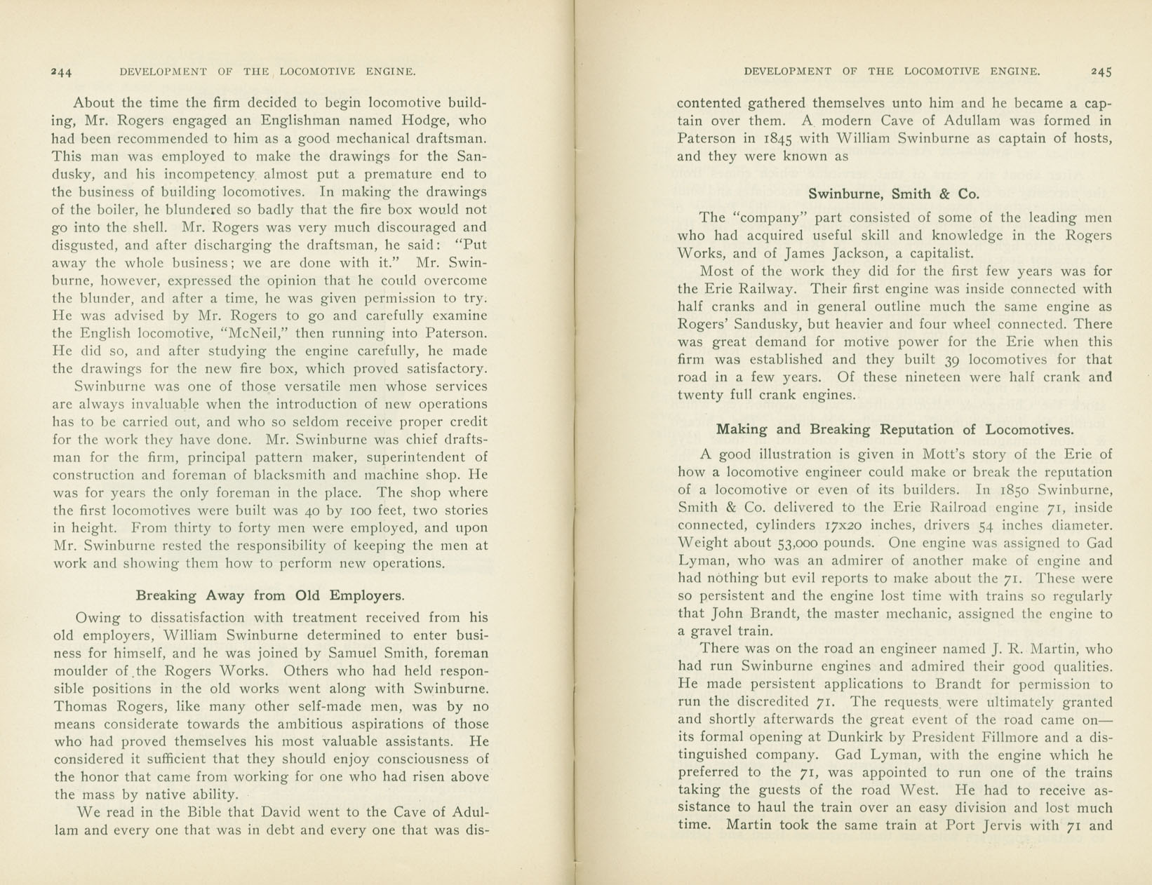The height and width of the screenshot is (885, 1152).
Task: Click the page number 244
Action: (x=62, y=72)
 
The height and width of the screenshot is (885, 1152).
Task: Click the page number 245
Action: (x=1101, y=72)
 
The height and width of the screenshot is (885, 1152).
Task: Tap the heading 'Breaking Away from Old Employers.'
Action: (x=270, y=596)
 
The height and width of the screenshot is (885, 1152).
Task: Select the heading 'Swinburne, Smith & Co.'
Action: (x=893, y=194)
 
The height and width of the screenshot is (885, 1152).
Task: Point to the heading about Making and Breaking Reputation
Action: (x=895, y=430)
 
